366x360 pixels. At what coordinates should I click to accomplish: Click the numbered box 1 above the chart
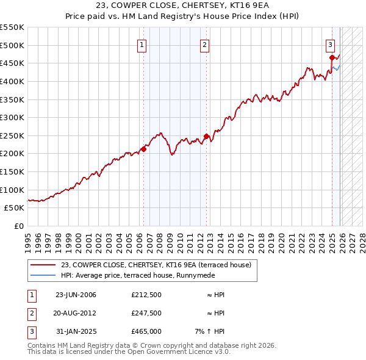(142, 45)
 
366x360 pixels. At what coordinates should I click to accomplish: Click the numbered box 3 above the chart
(330, 45)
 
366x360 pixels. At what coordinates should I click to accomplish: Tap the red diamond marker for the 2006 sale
(144, 148)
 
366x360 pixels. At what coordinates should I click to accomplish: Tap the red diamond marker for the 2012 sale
(207, 136)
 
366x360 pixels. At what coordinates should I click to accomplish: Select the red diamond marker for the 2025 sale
(332, 58)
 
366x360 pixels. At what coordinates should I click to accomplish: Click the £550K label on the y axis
(12, 27)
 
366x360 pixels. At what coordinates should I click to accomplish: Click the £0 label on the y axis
(18, 226)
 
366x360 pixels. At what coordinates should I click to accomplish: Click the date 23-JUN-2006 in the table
(76, 295)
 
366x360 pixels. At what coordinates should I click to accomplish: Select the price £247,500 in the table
(146, 313)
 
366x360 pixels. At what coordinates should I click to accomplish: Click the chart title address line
(182, 5)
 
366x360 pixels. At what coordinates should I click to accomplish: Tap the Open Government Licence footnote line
(129, 352)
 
